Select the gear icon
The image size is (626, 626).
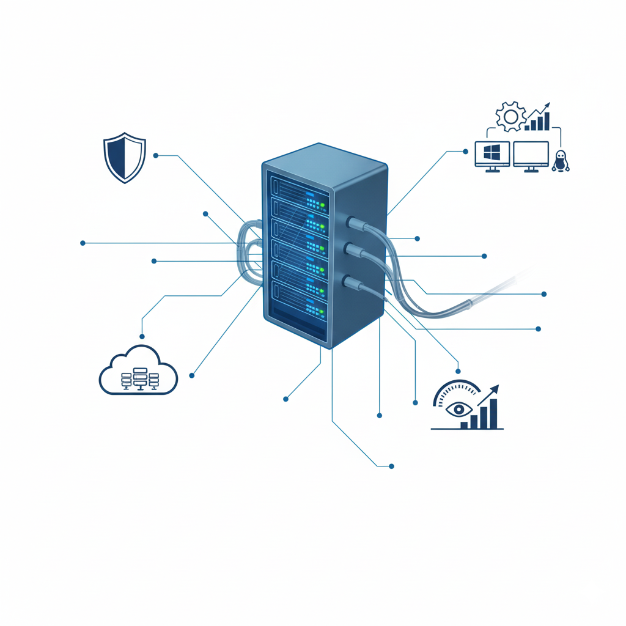pyautogui.click(x=510, y=116)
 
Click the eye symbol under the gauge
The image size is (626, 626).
pyautogui.click(x=457, y=409)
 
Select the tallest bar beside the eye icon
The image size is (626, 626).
pyautogui.click(x=493, y=412)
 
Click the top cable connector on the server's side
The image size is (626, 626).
pyautogui.click(x=353, y=224)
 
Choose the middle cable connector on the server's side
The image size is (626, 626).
pyautogui.click(x=350, y=249)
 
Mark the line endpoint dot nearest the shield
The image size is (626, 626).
pyautogui.click(x=156, y=156)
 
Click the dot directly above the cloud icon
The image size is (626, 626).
pyautogui.click(x=142, y=336)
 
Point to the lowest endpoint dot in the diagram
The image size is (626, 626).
pyautogui.click(x=391, y=466)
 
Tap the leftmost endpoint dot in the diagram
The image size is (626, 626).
pyautogui.click(x=83, y=243)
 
